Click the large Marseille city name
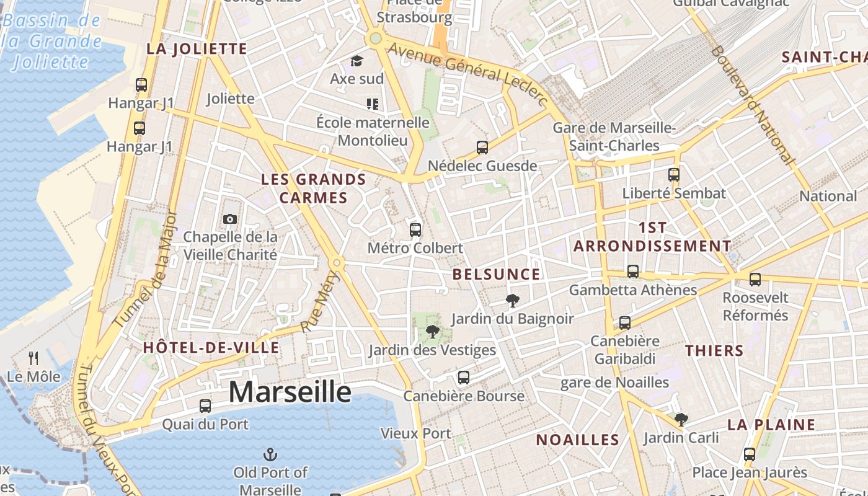coord(290,392)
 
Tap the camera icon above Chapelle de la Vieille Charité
coord(229,219)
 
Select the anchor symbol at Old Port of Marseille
coord(270,455)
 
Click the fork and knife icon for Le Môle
coord(33,358)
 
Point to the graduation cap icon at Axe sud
coord(356,61)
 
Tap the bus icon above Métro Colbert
coord(415,230)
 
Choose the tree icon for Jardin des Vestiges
coord(433,332)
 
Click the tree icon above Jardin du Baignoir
coord(512,301)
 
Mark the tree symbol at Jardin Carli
coord(681,420)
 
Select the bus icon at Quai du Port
coord(205,406)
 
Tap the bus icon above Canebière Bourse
coord(463,377)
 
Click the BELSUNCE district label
coord(496,274)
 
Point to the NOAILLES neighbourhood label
coord(577,440)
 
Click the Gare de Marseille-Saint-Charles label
coord(614,136)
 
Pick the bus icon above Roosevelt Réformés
coord(755,280)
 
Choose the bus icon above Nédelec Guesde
coord(482,148)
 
